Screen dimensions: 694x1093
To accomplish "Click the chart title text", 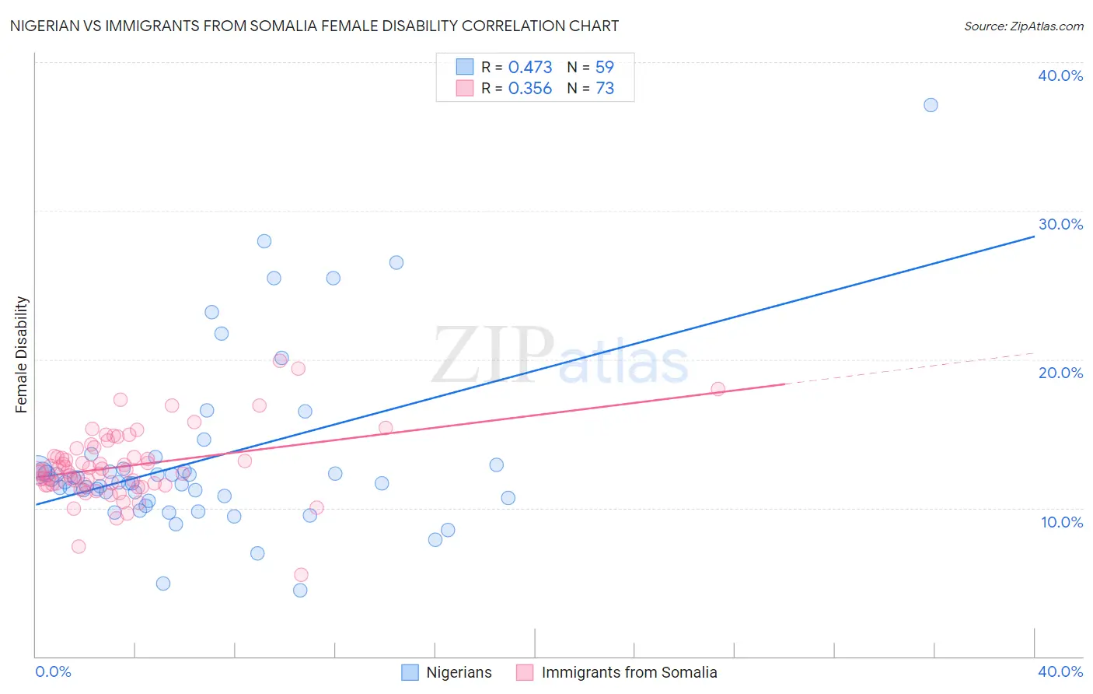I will click(x=314, y=26).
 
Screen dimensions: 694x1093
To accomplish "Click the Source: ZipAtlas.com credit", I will click(x=1023, y=26).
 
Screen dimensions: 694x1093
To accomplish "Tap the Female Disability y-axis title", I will click(x=22, y=354).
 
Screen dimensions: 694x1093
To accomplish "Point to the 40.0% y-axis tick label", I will click(x=1060, y=75).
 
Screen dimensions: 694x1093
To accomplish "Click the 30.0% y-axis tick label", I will click(x=1060, y=224).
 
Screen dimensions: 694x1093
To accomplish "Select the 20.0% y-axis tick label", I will click(x=1060, y=373).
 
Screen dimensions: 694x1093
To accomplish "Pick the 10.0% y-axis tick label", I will click(x=1062, y=522).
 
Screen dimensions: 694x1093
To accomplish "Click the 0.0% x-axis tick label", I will click(x=53, y=671).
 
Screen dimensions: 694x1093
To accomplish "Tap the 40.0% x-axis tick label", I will click(x=1060, y=671).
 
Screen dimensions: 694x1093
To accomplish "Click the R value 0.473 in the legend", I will click(x=530, y=67).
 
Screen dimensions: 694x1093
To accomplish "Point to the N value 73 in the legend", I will click(x=605, y=88).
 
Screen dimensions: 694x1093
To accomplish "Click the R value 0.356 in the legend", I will click(x=530, y=88).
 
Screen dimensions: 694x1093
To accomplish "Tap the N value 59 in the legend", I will click(x=605, y=67).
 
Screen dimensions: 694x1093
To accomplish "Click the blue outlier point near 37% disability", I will click(x=931, y=105).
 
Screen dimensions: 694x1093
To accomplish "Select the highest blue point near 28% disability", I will click(x=264, y=241).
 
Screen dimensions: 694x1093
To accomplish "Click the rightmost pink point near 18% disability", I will click(x=718, y=389).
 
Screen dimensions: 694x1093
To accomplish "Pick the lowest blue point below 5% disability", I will click(x=300, y=591).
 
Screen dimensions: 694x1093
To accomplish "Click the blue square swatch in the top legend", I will click(x=464, y=67).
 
